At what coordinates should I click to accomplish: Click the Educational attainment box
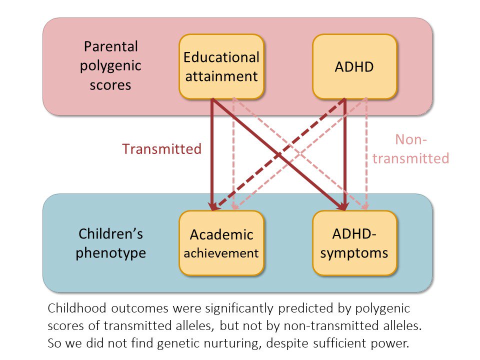pyautogui.click(x=221, y=66)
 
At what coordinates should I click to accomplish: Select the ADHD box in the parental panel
pyautogui.click(x=354, y=66)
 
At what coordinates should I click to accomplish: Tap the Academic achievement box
pyautogui.click(x=221, y=243)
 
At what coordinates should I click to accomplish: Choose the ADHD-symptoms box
pyautogui.click(x=354, y=243)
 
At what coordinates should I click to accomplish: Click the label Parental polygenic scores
pyautogui.click(x=110, y=66)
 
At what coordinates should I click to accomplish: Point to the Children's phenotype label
pyautogui.click(x=110, y=243)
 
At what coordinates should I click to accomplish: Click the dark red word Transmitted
pyautogui.click(x=162, y=149)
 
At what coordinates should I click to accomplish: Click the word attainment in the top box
pyautogui.click(x=221, y=76)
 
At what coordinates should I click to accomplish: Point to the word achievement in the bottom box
pyautogui.click(x=221, y=252)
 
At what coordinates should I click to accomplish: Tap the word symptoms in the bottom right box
pyautogui.click(x=354, y=252)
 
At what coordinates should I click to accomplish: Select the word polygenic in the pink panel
pyautogui.click(x=110, y=66)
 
